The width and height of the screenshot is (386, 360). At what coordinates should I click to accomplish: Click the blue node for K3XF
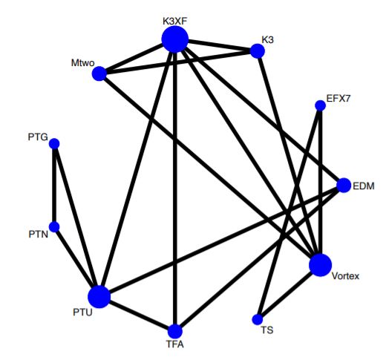[x=175, y=39]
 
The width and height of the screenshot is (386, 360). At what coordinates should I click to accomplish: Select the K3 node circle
[x=258, y=51]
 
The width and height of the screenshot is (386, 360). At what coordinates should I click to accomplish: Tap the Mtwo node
[x=99, y=73]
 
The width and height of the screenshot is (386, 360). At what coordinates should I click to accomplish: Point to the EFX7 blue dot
[x=320, y=105]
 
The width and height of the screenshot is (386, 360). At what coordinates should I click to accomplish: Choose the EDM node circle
[x=344, y=185]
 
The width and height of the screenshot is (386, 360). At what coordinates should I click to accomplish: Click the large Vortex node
[x=320, y=265]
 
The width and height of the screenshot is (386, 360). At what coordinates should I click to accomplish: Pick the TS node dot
[x=258, y=319]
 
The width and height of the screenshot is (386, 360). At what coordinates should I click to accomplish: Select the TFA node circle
[x=175, y=331]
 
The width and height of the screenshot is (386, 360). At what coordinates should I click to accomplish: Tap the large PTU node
[x=99, y=297]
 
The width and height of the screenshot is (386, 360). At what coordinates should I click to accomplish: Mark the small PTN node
[x=54, y=226]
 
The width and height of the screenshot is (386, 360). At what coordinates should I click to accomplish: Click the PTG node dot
[x=54, y=143]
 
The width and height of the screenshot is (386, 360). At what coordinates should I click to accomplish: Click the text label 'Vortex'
[x=345, y=276]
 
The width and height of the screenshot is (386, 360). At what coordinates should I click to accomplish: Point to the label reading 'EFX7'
[x=338, y=99]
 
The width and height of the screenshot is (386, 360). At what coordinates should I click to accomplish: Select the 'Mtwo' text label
[x=82, y=63]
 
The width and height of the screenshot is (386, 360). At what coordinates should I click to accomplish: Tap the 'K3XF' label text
[x=174, y=22]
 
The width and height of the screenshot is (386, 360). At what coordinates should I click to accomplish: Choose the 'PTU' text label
[x=82, y=312]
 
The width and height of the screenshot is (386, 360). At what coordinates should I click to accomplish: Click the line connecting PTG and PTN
[x=54, y=185]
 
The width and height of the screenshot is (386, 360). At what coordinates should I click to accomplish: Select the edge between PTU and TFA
[x=137, y=314]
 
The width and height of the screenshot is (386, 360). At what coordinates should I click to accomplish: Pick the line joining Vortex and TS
[x=289, y=292]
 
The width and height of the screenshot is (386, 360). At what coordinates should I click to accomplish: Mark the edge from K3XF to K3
[x=216, y=45]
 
